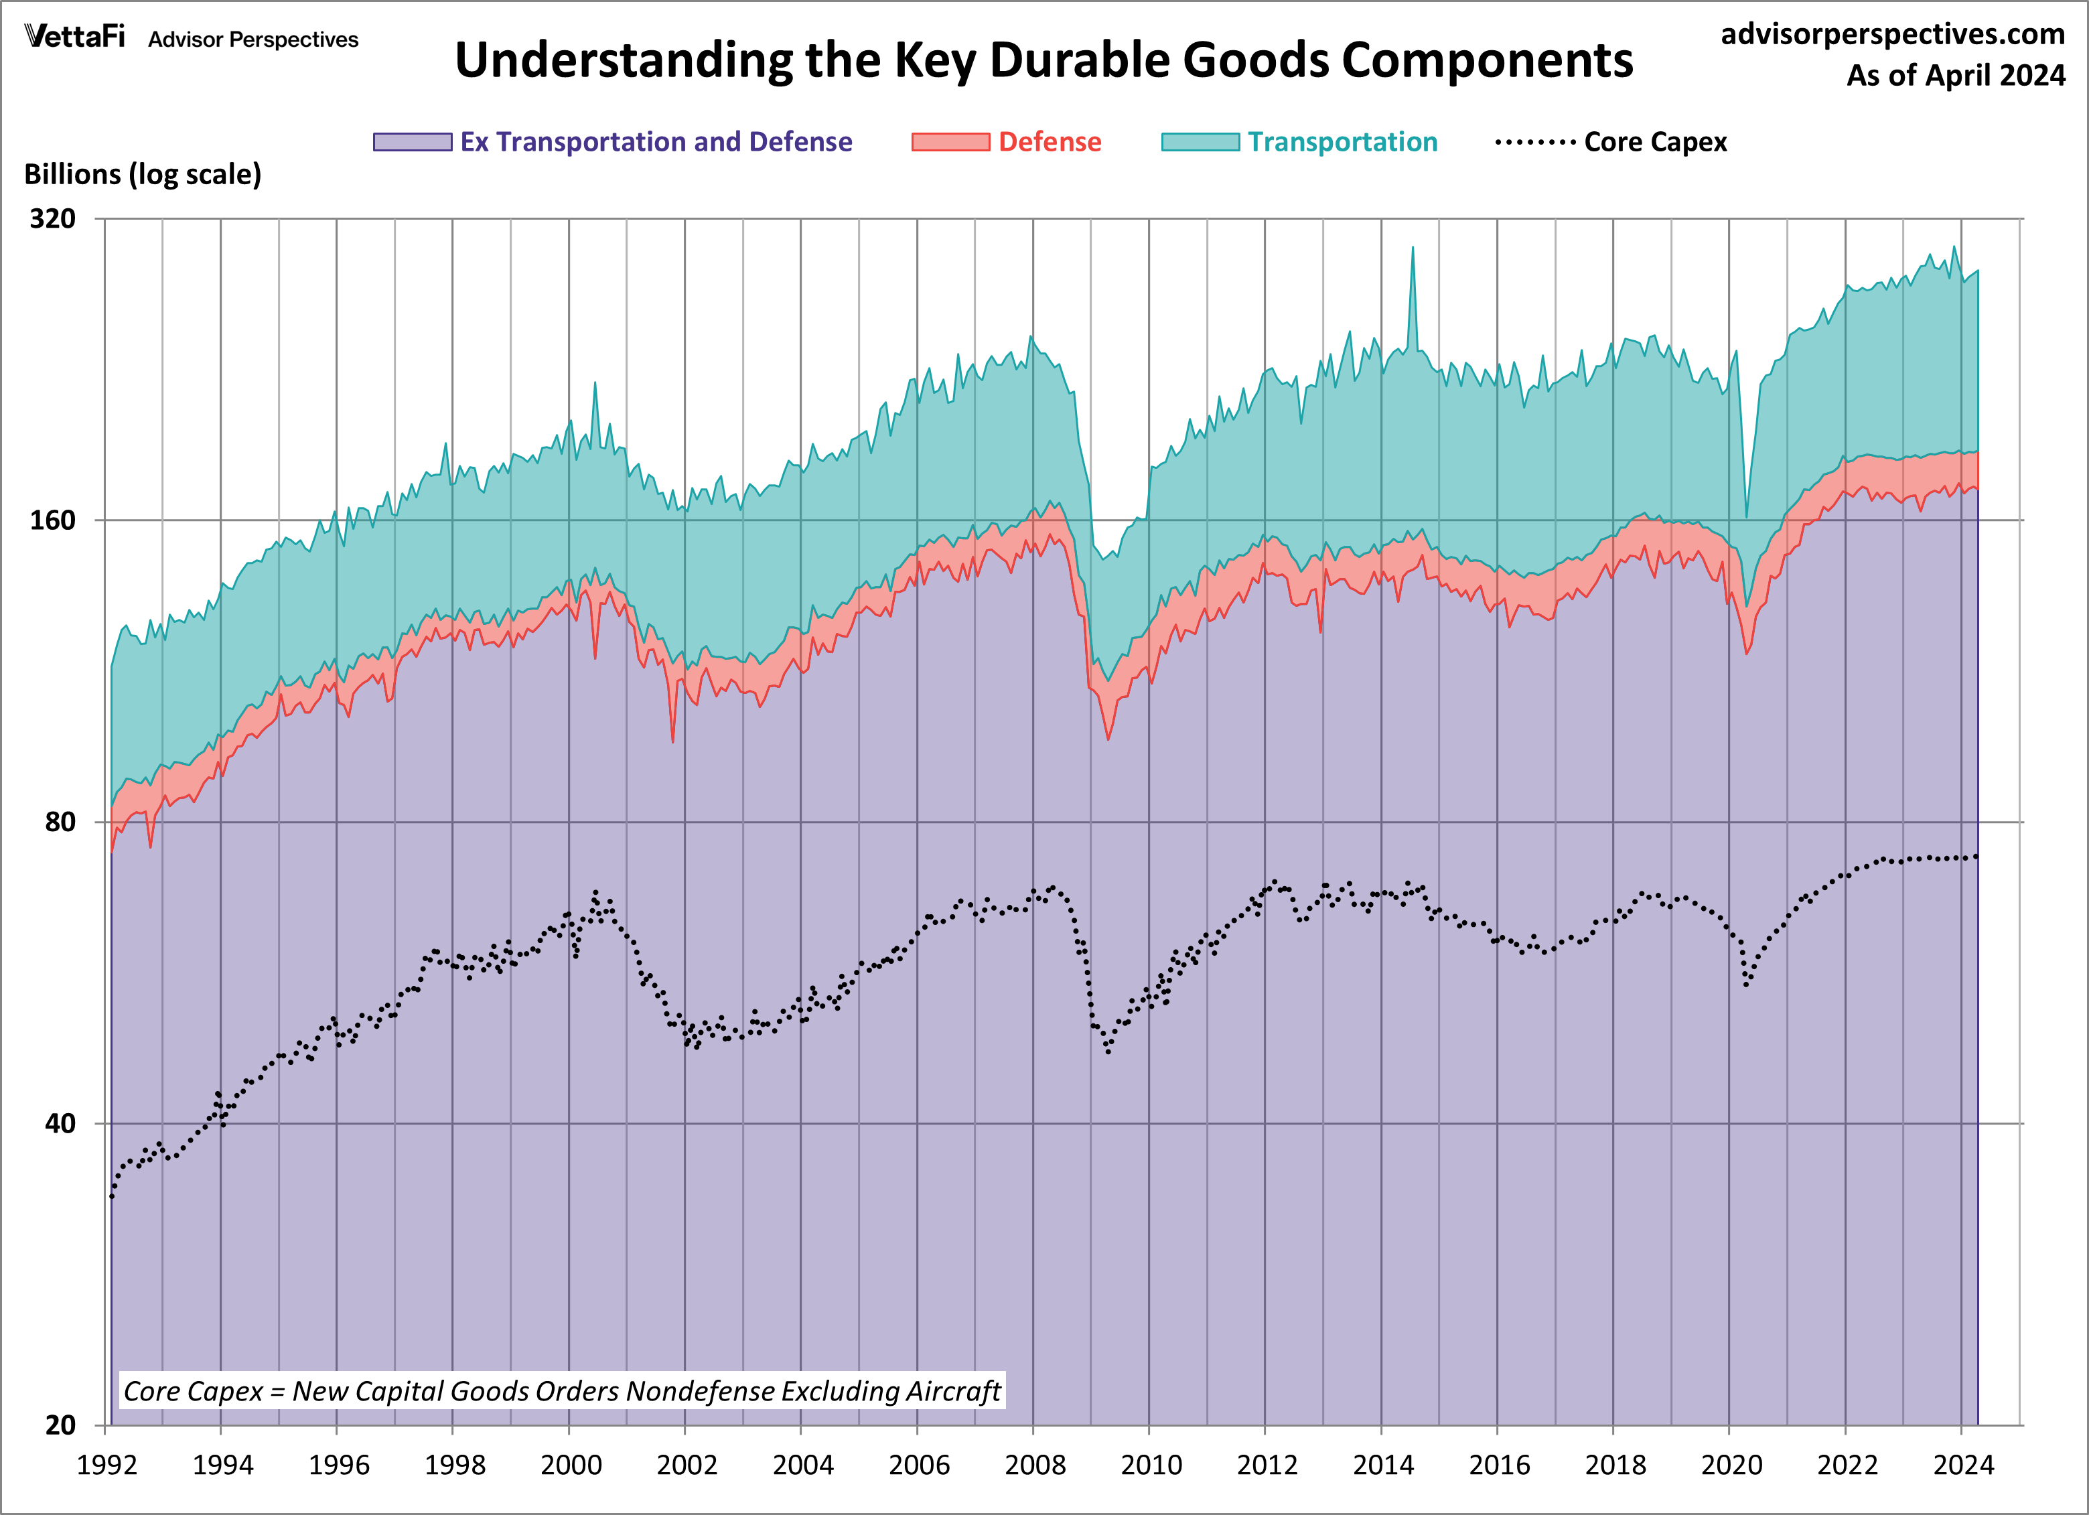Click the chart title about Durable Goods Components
(x=1043, y=61)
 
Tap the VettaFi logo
(x=74, y=37)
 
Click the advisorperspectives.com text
(x=1892, y=34)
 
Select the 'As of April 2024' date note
(x=1956, y=74)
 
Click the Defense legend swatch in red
(x=950, y=142)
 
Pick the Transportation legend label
(x=1342, y=142)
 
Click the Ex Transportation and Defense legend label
(x=656, y=142)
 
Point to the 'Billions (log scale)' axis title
(x=143, y=174)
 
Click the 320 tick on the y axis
(x=52, y=219)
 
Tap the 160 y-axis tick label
(x=52, y=520)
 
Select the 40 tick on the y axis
(x=60, y=1124)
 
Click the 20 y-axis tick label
(x=60, y=1425)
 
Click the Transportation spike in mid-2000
(x=595, y=385)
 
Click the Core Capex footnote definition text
(x=562, y=1390)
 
